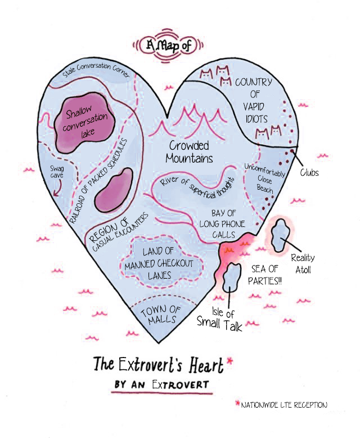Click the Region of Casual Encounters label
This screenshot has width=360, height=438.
[116, 230]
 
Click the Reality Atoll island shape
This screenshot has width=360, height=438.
[279, 236]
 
